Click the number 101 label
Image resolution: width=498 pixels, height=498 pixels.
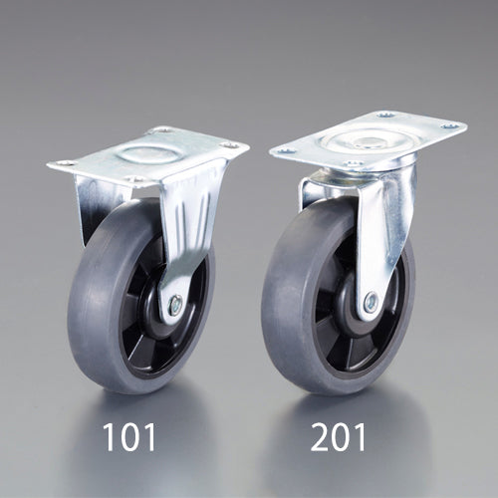click(129, 437)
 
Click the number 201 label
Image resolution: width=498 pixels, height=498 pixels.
click(338, 437)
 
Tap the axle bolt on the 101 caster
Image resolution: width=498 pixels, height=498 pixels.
click(175, 305)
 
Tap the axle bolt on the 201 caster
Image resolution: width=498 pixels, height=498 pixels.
click(371, 302)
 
